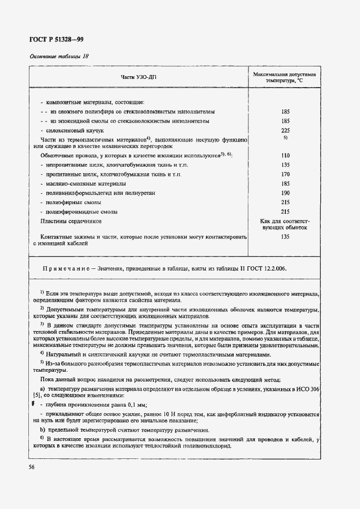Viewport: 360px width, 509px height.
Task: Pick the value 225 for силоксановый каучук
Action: tap(285, 131)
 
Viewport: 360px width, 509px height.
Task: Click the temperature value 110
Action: tap(285, 155)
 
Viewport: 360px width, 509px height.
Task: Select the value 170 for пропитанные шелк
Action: tap(285, 175)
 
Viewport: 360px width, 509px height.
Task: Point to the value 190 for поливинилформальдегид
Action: tap(285, 193)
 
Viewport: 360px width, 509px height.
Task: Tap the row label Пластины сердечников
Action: tap(71, 222)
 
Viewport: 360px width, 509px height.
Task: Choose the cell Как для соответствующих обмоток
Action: tap(285, 225)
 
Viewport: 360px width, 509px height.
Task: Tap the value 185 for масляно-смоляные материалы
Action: tap(285, 184)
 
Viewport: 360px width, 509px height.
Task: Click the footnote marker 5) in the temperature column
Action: tap(285, 138)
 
